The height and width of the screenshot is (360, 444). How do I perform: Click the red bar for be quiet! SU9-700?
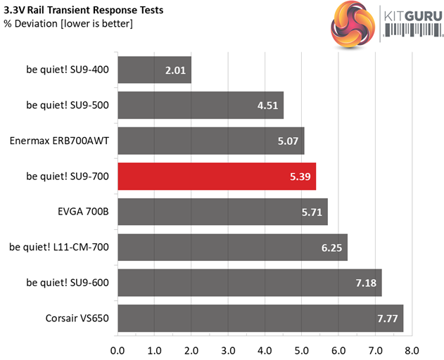pos(217,176)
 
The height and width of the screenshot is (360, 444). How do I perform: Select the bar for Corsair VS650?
pos(260,319)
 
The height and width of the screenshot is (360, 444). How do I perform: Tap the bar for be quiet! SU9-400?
pos(154,70)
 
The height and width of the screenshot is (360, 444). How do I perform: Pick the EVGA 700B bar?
pos(222,212)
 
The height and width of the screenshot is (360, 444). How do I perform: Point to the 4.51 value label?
pos(266,106)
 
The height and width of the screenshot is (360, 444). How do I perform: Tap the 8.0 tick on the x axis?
pos(412,349)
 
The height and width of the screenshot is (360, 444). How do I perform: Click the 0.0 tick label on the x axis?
pos(118,349)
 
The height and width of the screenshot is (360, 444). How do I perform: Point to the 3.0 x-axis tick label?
pos(228,349)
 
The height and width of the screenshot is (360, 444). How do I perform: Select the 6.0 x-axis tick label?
pos(338,349)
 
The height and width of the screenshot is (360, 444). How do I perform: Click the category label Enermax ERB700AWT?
pos(59,141)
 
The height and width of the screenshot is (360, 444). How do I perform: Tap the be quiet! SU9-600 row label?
pos(68,283)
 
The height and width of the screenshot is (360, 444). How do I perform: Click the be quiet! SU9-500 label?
pos(68,105)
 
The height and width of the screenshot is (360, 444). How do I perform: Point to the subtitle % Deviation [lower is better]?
pos(68,25)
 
